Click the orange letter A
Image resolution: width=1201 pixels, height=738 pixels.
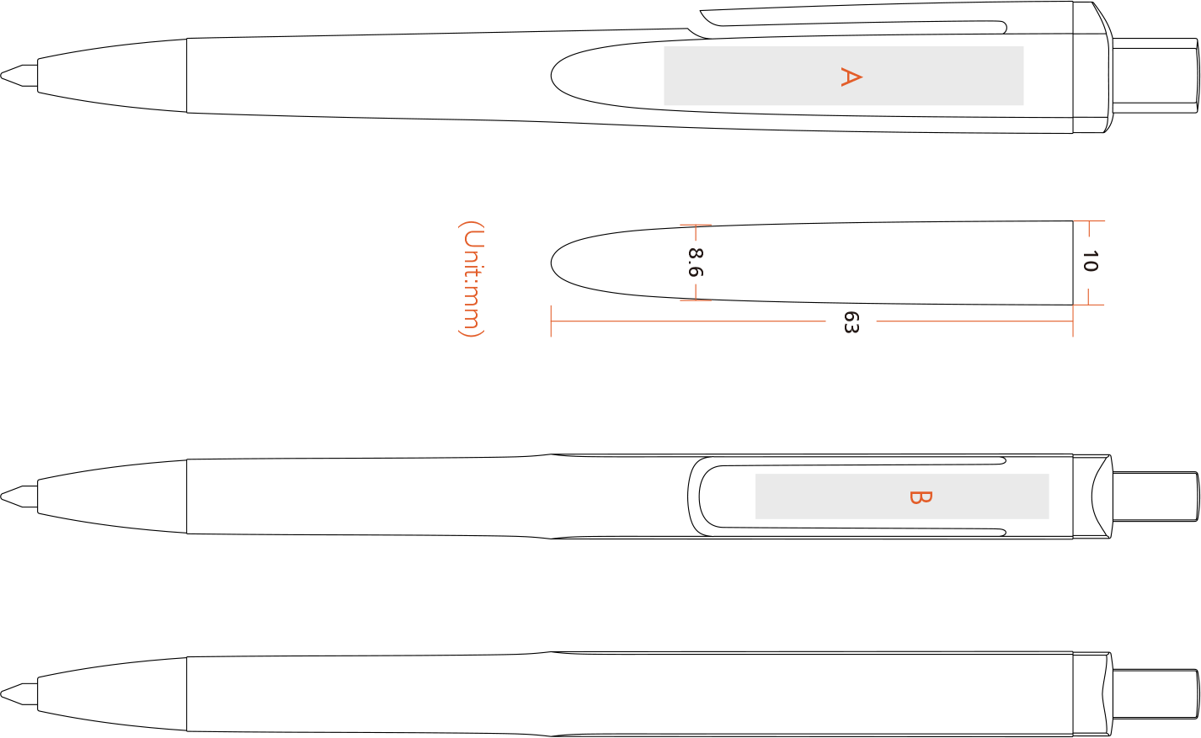[851, 77]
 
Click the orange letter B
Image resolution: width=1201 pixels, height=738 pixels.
[921, 497]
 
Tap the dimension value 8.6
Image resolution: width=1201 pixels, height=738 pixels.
[696, 263]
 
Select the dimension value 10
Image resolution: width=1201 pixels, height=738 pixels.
[1090, 261]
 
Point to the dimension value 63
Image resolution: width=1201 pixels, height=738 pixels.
[851, 321]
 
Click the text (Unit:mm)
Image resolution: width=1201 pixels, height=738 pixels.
[472, 279]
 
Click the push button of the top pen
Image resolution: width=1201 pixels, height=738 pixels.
[1156, 76]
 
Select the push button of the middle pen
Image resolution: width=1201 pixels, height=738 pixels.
[1156, 496]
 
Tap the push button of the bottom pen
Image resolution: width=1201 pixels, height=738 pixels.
[1156, 694]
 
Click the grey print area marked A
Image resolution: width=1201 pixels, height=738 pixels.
[843, 76]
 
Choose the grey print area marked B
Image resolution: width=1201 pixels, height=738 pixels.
[902, 496]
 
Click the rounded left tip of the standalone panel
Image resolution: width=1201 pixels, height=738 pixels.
[552, 263]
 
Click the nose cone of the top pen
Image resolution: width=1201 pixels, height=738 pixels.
[112, 76]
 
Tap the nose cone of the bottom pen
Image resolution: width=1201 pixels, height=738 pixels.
[112, 694]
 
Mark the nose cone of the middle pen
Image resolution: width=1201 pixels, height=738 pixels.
[112, 496]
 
